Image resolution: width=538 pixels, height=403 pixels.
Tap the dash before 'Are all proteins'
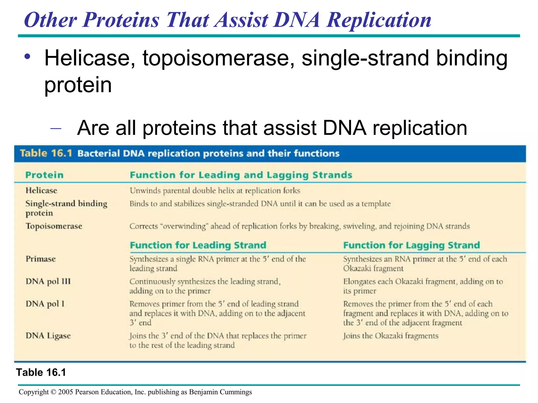pyautogui.click(x=56, y=128)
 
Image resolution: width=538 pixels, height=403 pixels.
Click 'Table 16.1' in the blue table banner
pyautogui.click(x=46, y=153)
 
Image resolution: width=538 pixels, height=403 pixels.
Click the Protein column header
pyautogui.click(x=44, y=175)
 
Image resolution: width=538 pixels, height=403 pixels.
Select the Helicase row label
pyautogui.click(x=41, y=190)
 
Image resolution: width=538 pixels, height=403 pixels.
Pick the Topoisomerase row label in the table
pyautogui.click(x=54, y=226)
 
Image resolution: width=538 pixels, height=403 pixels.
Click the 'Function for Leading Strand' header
pyautogui.click(x=198, y=245)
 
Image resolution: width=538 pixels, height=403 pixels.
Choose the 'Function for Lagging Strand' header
pyautogui.click(x=411, y=245)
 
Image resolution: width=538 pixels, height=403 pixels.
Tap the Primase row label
pyautogui.click(x=40, y=259)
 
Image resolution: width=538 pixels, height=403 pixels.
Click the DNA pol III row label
pyautogui.click(x=48, y=282)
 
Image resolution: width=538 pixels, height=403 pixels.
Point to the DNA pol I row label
pyautogui.click(x=45, y=304)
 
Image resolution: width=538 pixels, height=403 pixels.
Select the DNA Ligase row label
pyautogui.click(x=48, y=336)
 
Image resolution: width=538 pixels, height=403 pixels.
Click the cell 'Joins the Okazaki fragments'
pyautogui.click(x=391, y=336)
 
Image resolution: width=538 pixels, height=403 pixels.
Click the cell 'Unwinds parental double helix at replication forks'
pyautogui.click(x=215, y=191)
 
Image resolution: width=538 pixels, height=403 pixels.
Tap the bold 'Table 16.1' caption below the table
pyautogui.click(x=41, y=372)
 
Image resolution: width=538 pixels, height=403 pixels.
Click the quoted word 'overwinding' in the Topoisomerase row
pyautogui.click(x=184, y=226)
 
